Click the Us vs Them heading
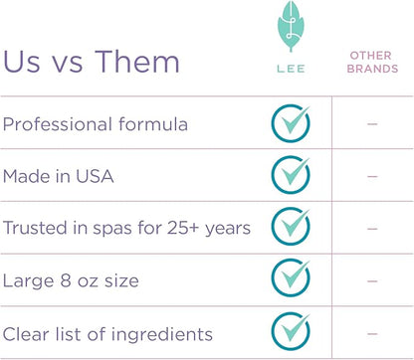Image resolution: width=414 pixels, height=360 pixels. tap(92, 62)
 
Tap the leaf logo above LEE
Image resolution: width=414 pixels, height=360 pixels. tap(291, 33)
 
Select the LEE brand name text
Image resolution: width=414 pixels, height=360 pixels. tap(291, 73)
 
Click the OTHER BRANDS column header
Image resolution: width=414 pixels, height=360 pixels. tap(371, 62)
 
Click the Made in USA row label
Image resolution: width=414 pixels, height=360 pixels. tap(58, 176)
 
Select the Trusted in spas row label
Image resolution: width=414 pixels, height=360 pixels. tap(126, 228)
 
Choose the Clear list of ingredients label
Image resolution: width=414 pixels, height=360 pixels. tap(108, 333)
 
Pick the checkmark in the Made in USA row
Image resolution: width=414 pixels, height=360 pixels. tap(291, 175)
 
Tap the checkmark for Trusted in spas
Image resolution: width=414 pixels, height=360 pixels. tap(291, 228)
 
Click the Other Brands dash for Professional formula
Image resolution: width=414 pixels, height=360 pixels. tap(372, 124)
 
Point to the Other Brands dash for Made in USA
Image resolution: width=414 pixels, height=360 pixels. tap(372, 176)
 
